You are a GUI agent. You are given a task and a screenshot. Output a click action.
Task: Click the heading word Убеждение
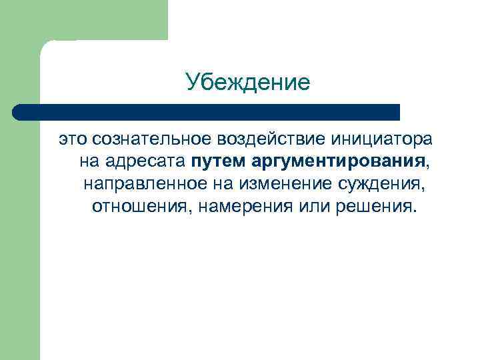coord(248,83)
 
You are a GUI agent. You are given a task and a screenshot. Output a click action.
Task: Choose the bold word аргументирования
coord(339,161)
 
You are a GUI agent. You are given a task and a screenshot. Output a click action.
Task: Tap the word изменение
coord(273,183)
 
